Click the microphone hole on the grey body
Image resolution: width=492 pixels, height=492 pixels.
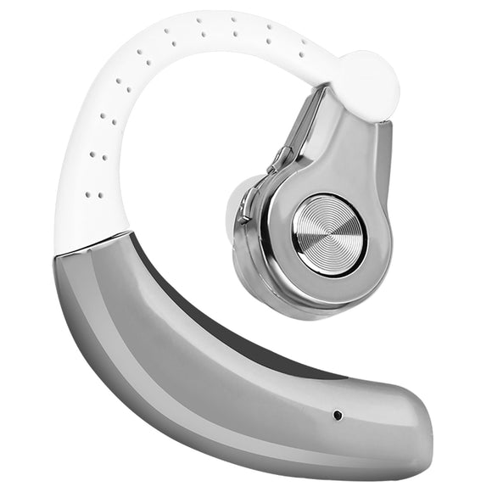point(338,415)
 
